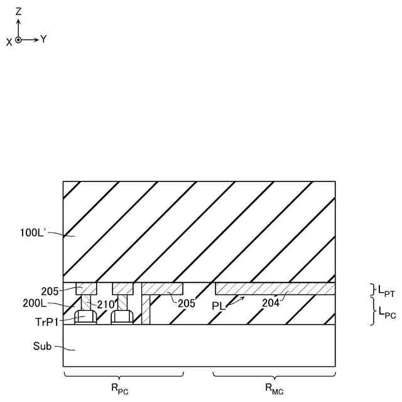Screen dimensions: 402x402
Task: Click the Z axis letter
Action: point(19,11)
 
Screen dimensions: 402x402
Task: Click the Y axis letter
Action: point(43,39)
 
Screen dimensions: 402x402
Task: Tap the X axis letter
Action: point(9,41)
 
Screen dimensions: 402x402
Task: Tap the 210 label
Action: point(105,305)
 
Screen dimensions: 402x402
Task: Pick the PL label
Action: point(219,306)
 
